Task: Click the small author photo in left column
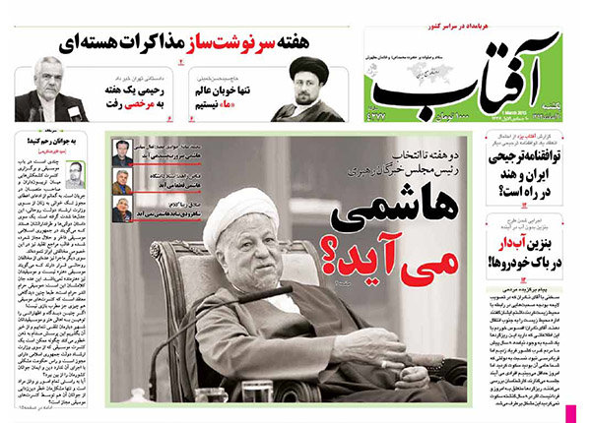(75, 174)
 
